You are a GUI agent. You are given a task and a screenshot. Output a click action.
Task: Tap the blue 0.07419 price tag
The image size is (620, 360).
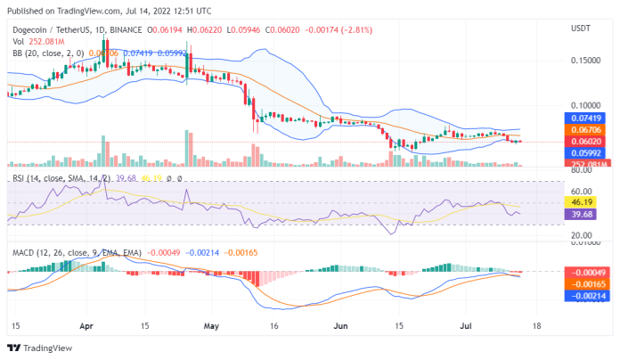pyautogui.click(x=586, y=118)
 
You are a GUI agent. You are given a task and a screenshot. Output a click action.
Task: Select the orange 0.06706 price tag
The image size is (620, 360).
pyautogui.click(x=586, y=129)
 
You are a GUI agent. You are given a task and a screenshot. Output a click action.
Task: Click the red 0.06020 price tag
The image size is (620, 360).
pyautogui.click(x=586, y=141)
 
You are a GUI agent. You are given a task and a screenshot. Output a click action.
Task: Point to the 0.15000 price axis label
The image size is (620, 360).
pyautogui.click(x=585, y=61)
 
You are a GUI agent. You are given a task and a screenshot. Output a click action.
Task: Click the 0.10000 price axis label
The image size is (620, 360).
pyautogui.click(x=585, y=105)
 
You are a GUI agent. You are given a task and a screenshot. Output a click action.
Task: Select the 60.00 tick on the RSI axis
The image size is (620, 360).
pyautogui.click(x=580, y=191)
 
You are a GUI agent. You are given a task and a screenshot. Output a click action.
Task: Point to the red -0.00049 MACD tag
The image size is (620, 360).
pyautogui.click(x=586, y=272)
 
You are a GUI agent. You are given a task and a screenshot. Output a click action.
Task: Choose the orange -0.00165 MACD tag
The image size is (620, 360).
pyautogui.click(x=586, y=283)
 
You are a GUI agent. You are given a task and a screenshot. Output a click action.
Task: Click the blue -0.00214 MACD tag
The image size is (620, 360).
pyautogui.click(x=586, y=295)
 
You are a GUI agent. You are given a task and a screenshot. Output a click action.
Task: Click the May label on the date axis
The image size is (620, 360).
pyautogui.click(x=210, y=327)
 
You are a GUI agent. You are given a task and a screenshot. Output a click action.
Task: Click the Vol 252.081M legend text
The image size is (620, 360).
pyautogui.click(x=39, y=40)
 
